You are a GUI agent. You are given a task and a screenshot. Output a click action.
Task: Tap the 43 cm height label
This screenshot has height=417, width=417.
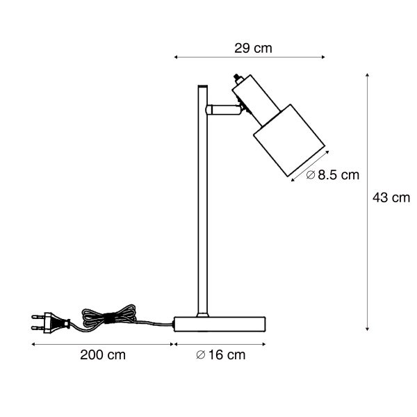(391, 197)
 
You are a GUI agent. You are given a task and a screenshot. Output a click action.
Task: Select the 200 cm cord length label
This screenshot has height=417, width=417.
(103, 355)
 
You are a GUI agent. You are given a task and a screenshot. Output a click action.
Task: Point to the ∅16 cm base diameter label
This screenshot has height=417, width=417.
(221, 355)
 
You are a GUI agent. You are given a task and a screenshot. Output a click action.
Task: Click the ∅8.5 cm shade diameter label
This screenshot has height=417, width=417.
(334, 175)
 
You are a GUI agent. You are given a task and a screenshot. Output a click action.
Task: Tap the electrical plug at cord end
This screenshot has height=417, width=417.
(50, 323)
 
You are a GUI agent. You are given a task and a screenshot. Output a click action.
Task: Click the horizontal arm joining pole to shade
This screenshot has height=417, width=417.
(222, 109)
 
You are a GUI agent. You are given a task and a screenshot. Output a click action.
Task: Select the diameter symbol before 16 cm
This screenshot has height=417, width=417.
(200, 355)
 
